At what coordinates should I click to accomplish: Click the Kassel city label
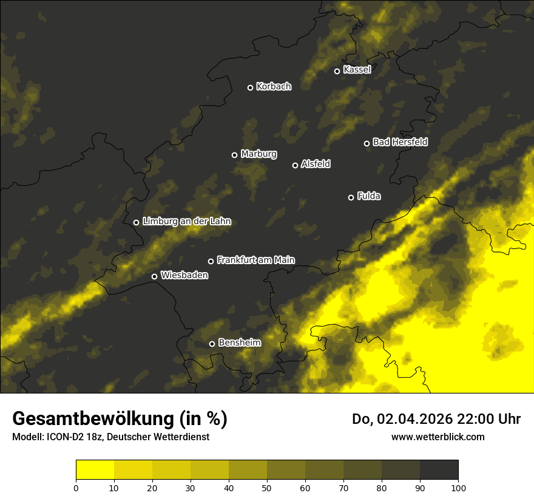click(x=357, y=70)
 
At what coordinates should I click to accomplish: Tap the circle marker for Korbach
click(x=250, y=87)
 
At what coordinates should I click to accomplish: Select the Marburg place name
click(x=259, y=154)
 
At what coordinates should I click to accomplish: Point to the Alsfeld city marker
click(x=296, y=165)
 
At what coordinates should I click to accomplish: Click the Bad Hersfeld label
click(x=400, y=142)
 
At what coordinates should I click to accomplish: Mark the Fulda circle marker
click(x=351, y=197)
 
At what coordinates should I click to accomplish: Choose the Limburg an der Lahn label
click(x=186, y=222)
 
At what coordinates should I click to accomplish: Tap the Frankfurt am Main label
click(x=255, y=260)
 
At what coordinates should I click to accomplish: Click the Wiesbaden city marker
click(x=155, y=276)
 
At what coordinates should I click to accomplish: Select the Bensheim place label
click(x=239, y=342)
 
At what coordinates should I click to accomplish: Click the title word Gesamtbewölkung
click(x=95, y=419)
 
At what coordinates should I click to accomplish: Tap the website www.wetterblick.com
click(x=438, y=437)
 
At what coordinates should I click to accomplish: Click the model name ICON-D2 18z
click(x=69, y=437)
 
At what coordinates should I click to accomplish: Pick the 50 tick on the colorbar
click(x=267, y=487)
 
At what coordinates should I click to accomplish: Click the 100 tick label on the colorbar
click(x=458, y=487)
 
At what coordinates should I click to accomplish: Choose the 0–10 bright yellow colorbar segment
click(x=95, y=470)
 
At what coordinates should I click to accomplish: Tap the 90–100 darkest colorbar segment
click(x=439, y=470)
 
